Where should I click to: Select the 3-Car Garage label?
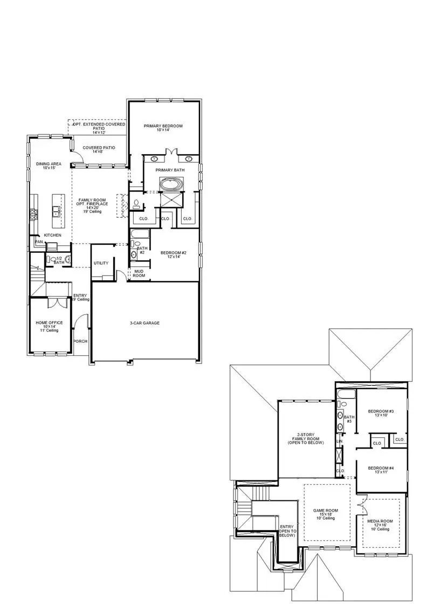pyautogui.click(x=144, y=323)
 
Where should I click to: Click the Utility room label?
pyautogui.click(x=101, y=263)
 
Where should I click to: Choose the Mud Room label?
pyautogui.click(x=139, y=273)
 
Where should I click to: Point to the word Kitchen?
pyautogui.click(x=52, y=235)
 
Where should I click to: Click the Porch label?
pyautogui.click(x=80, y=341)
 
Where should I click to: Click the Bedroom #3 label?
pyautogui.click(x=381, y=414)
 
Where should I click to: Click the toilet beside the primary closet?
pyautogui.click(x=136, y=204)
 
